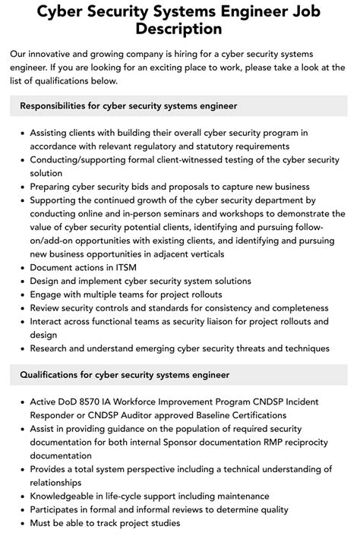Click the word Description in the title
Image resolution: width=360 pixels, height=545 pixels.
point(180,29)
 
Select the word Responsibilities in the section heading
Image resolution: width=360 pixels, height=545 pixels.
point(57,106)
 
